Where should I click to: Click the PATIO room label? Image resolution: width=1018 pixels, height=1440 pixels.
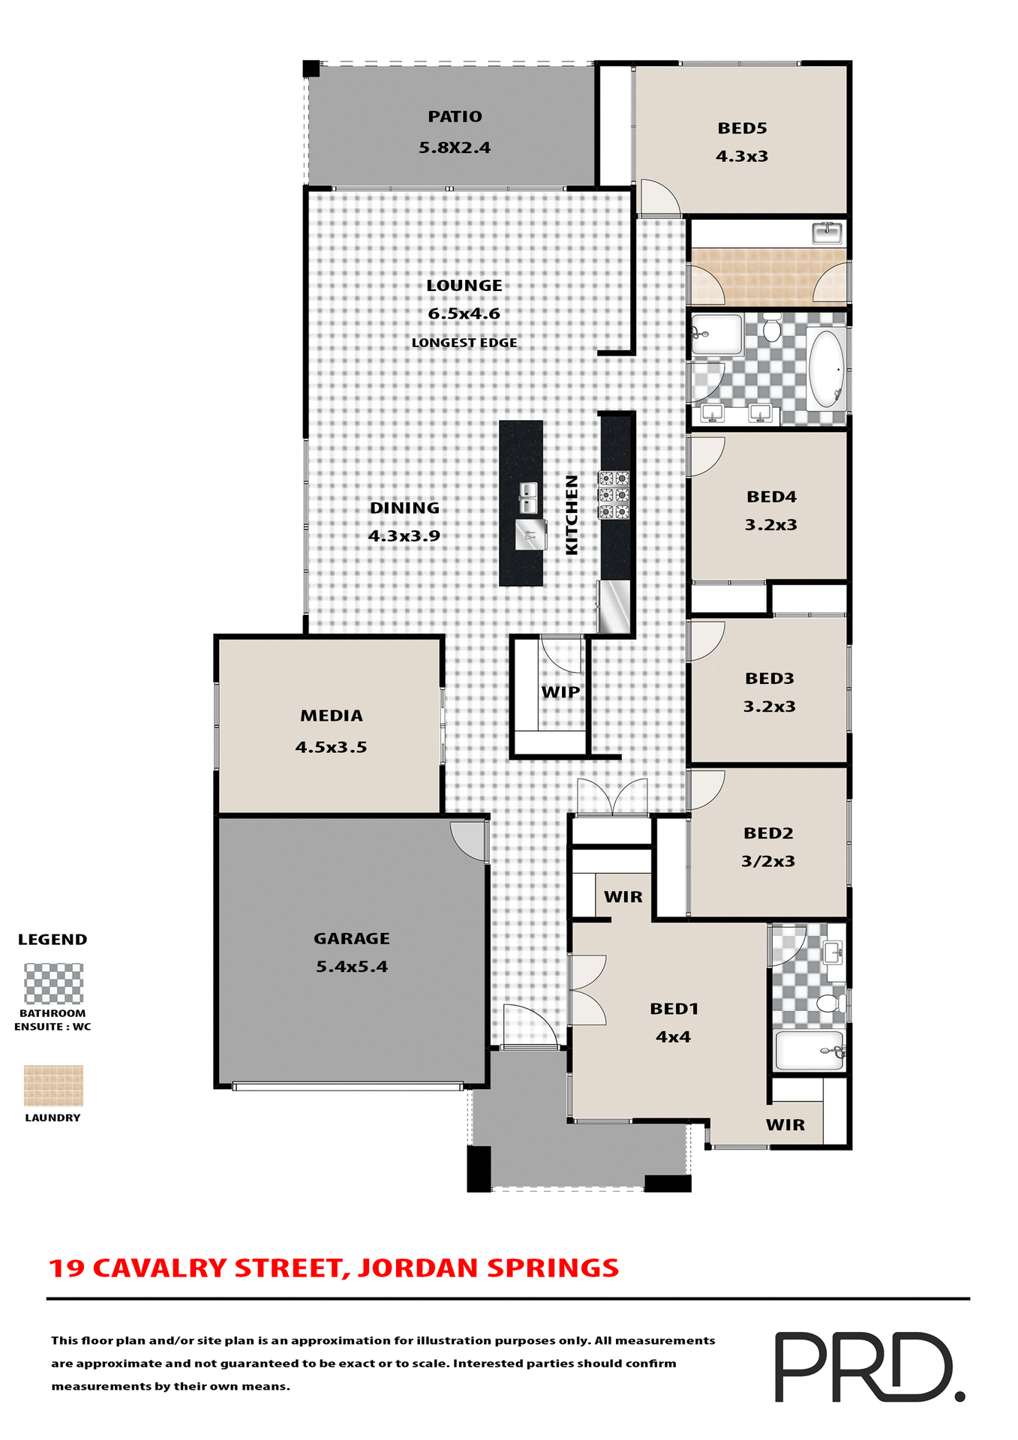[455, 117]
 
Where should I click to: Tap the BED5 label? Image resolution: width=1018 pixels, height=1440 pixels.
[742, 128]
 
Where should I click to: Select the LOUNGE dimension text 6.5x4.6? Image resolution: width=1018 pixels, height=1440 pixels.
[464, 313]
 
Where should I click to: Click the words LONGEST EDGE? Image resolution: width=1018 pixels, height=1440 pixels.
[464, 343]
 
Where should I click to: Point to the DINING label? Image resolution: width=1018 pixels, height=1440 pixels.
[404, 508]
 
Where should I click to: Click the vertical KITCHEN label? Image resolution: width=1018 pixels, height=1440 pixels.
[572, 514]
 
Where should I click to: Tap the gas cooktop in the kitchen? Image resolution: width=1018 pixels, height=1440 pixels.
[613, 495]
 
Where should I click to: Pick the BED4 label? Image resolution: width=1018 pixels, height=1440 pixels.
[771, 496]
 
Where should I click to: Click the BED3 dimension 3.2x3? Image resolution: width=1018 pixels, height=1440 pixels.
[770, 706]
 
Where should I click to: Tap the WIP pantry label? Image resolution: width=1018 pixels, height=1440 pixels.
[560, 692]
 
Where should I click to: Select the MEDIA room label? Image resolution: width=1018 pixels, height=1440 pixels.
[332, 715]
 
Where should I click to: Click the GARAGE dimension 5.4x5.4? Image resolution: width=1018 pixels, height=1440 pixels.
[352, 967]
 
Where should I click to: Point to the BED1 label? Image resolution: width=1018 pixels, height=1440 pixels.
[674, 1009]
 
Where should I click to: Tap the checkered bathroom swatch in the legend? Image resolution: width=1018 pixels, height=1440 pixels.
[53, 983]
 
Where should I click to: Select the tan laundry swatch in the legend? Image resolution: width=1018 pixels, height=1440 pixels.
[53, 1085]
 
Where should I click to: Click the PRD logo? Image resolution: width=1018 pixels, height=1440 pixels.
[869, 1366]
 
